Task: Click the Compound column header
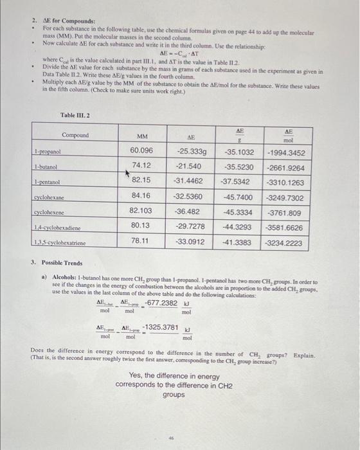click(75, 135)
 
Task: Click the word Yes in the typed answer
click(136, 375)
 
